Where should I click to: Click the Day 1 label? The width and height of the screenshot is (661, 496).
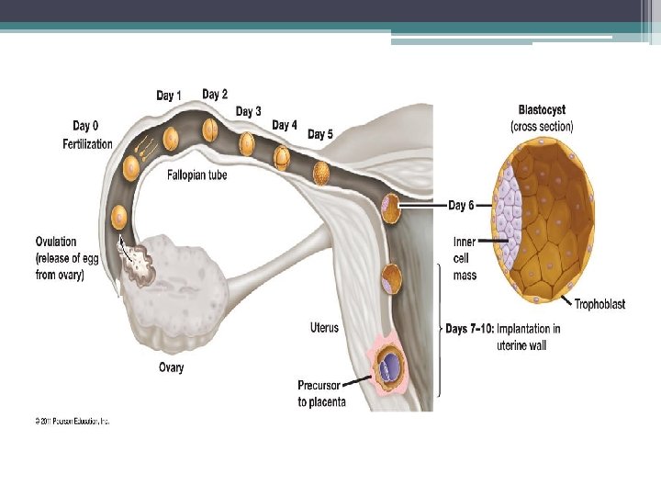[x=169, y=96]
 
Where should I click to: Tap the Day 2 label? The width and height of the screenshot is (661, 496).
[x=215, y=94]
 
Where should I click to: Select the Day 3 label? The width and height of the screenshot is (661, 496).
[x=249, y=111]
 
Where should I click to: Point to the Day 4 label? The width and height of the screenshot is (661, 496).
[x=285, y=125]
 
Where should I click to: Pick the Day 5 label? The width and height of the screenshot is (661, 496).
[x=320, y=134]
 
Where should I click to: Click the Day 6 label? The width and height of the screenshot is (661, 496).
[x=461, y=206]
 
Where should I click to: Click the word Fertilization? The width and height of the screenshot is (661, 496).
[x=87, y=144]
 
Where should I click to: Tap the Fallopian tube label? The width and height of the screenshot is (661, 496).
[x=197, y=175]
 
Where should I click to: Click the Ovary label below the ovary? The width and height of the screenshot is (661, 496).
[x=171, y=367]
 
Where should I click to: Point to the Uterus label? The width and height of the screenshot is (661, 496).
[x=324, y=328]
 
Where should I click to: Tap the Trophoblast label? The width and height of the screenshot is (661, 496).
[x=599, y=304]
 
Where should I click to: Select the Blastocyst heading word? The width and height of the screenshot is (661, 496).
[x=542, y=110]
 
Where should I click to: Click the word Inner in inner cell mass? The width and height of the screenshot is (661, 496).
[x=465, y=242]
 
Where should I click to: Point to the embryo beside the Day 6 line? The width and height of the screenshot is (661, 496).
[x=392, y=209]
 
